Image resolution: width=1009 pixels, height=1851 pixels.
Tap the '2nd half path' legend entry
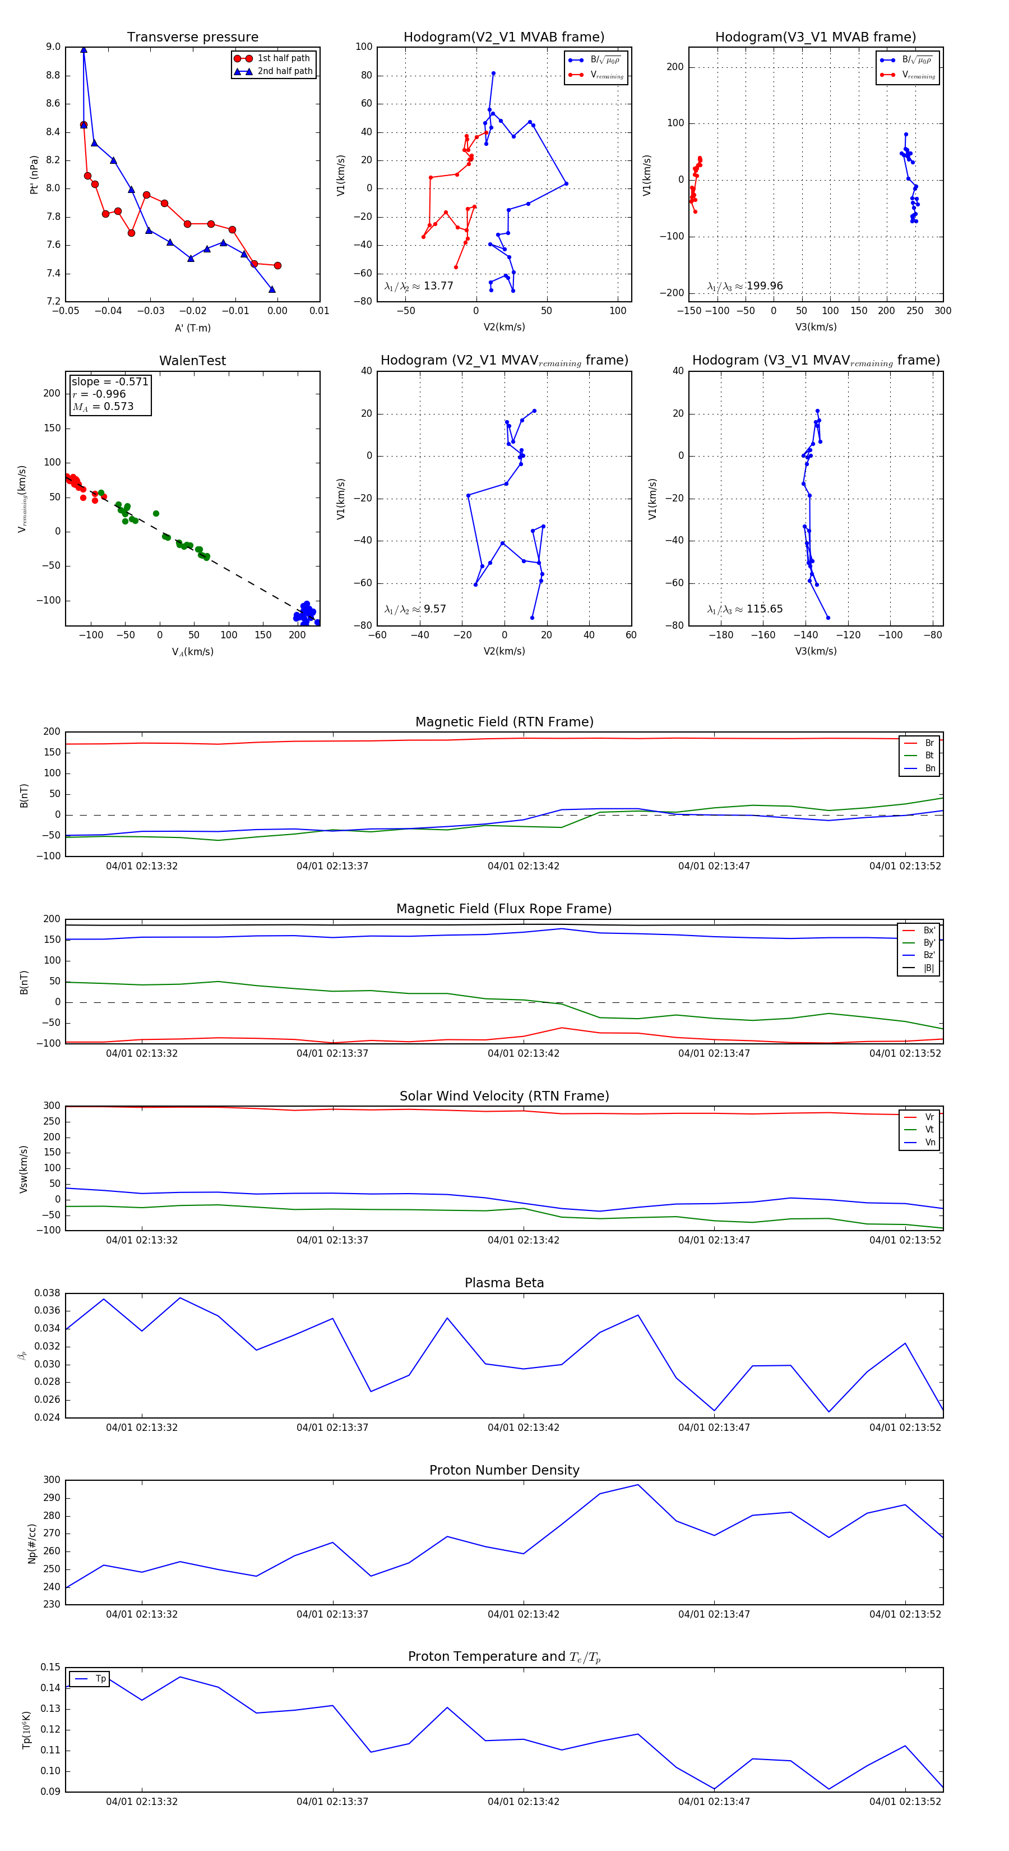(x=284, y=71)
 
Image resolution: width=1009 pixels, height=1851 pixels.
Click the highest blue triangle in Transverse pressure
(x=84, y=49)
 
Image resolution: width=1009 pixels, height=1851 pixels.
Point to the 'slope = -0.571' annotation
(x=110, y=381)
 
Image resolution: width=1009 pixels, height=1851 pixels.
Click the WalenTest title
(x=192, y=361)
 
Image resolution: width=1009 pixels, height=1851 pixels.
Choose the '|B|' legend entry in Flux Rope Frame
(x=928, y=968)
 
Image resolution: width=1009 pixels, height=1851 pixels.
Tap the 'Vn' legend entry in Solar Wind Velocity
(x=929, y=1143)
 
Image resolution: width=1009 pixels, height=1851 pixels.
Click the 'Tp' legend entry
(x=100, y=1679)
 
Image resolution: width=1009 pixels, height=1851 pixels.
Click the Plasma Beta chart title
(x=504, y=1283)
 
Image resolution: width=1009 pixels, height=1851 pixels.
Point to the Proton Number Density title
(x=504, y=1470)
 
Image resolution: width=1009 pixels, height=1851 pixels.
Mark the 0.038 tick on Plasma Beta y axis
(x=48, y=1293)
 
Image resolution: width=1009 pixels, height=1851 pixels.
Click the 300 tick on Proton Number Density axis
(x=52, y=1480)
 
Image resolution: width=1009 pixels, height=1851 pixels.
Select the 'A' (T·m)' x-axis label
(x=192, y=328)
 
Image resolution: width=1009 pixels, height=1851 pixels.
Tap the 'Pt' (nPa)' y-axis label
(x=34, y=174)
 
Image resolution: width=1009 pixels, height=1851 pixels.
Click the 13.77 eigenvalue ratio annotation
(x=419, y=286)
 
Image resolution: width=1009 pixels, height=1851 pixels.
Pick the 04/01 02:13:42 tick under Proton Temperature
(x=523, y=1802)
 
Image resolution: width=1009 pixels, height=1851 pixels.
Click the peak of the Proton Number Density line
(x=638, y=1485)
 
